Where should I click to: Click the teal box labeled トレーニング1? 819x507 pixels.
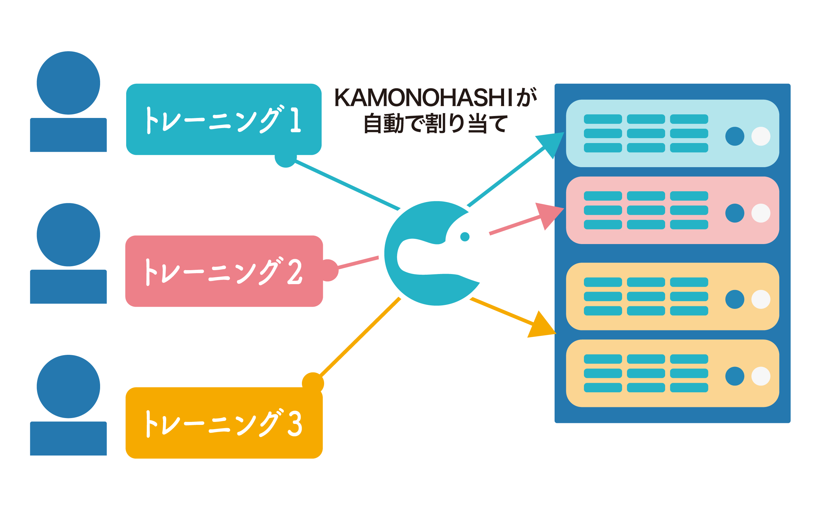coord(224,119)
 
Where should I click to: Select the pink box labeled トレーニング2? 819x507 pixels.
coord(224,271)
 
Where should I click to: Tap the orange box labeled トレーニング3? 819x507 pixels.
coord(224,423)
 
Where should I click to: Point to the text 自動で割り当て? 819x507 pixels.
coord(435,123)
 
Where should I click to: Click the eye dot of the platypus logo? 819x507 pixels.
coord(465,237)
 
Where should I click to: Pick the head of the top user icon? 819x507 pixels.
coord(68,83)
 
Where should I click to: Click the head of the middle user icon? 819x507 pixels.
coord(68,235)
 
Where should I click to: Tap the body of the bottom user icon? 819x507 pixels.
coord(68,438)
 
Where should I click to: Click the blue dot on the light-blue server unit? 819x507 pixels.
coord(735,136)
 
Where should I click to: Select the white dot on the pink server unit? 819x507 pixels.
coord(761,213)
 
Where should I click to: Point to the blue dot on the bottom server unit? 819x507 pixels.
coord(735,376)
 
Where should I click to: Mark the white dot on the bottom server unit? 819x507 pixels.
coord(761,376)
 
